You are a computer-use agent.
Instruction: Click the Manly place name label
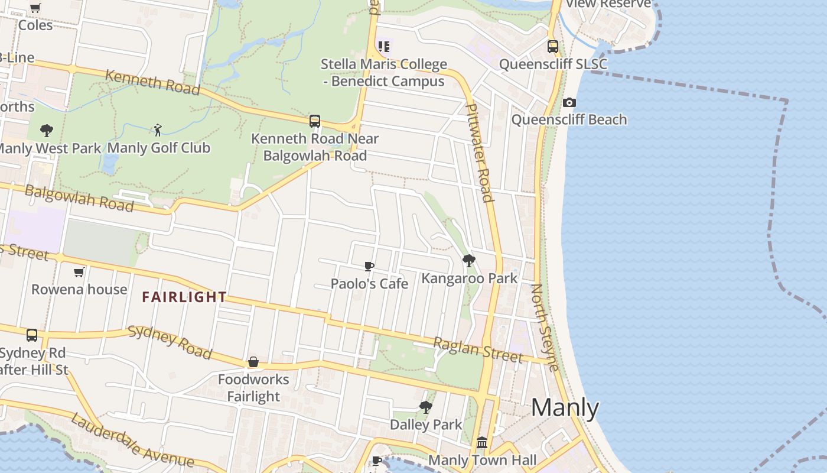[x=565, y=408]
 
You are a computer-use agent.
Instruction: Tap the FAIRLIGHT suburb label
[x=184, y=297]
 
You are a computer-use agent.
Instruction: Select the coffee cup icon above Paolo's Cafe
[x=369, y=266]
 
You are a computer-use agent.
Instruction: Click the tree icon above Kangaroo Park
[x=469, y=260]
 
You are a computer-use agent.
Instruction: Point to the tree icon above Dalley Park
[x=425, y=407]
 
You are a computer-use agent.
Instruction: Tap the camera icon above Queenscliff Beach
[x=569, y=102]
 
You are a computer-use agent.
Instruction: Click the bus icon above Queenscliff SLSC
[x=553, y=46]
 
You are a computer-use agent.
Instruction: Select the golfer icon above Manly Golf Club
[x=157, y=129]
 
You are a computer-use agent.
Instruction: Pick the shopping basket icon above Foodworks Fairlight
[x=253, y=361]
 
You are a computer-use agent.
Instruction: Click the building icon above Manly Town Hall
[x=482, y=442]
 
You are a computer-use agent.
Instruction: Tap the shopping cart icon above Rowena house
[x=79, y=272]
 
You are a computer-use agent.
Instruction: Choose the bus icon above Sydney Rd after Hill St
[x=32, y=335]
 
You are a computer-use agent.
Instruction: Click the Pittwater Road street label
[x=479, y=153]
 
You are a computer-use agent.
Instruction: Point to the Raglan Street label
[x=478, y=349]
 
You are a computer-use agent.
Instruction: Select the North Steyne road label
[x=545, y=327]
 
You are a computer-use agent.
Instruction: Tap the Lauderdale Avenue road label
[x=132, y=441]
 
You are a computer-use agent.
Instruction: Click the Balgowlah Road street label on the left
[x=79, y=199]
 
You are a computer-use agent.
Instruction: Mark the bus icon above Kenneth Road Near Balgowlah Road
[x=315, y=121]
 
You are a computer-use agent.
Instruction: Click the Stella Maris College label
[x=384, y=72]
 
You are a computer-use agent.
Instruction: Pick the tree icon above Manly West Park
[x=47, y=130]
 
